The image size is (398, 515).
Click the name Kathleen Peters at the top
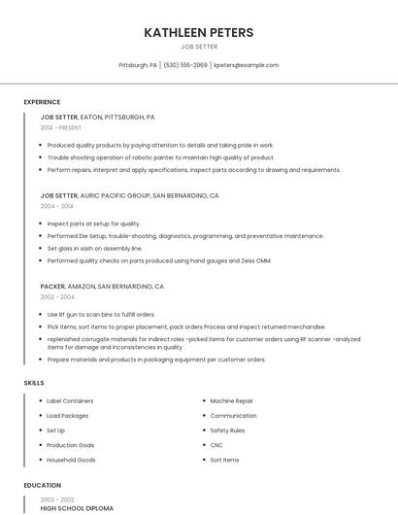click(199, 33)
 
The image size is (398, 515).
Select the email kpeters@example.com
click(247, 65)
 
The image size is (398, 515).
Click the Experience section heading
click(42, 102)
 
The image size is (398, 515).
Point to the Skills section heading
click(34, 383)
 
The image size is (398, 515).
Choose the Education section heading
click(42, 485)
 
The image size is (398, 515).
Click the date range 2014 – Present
click(61, 127)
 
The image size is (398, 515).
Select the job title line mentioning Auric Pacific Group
click(129, 195)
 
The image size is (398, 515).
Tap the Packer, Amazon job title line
click(102, 287)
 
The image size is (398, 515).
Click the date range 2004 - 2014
click(56, 206)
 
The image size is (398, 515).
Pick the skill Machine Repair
click(231, 401)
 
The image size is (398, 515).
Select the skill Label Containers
click(70, 401)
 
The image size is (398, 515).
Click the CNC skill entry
click(216, 445)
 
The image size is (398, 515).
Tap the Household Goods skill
click(71, 460)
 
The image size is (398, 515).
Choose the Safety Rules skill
click(227, 430)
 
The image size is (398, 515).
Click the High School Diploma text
click(77, 508)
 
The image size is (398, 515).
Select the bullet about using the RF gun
click(101, 315)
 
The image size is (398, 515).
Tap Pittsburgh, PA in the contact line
click(138, 65)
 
